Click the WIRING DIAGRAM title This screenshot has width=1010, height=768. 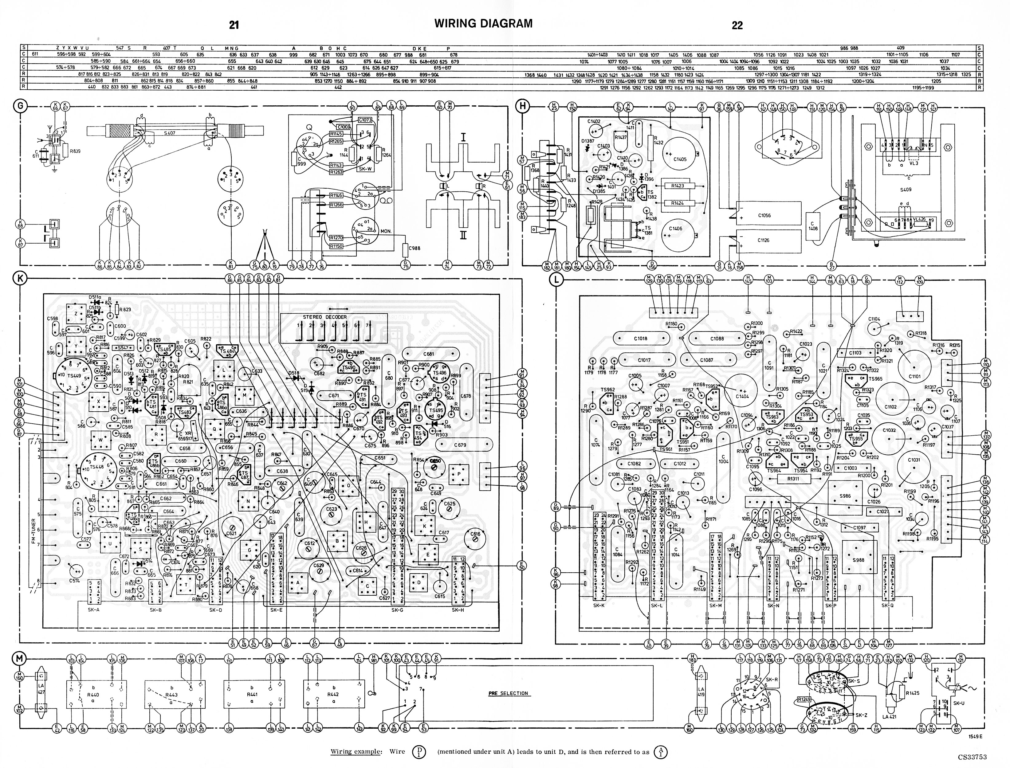[483, 23]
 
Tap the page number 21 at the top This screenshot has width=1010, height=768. [234, 25]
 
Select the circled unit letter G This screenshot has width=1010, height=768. [20, 106]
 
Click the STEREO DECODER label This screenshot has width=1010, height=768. [324, 317]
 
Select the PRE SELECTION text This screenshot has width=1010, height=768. [508, 693]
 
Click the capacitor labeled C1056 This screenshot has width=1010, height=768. [764, 215]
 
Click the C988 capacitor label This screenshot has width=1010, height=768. [414, 248]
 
